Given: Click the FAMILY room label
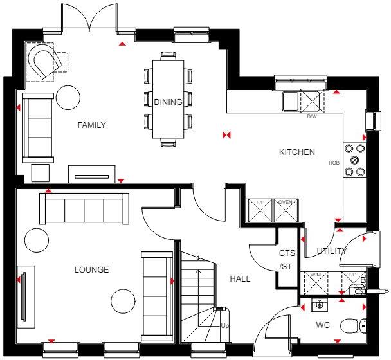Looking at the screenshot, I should point(91,125).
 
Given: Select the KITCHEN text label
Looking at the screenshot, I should point(296,152).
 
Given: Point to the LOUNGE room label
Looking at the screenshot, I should point(91,269).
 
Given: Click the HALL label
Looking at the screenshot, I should point(240,278).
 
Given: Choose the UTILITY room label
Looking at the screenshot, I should point(331,251).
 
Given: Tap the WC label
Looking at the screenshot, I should point(322,325).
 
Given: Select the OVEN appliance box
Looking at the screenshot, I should point(286,210).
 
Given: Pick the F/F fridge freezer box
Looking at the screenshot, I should point(260,210).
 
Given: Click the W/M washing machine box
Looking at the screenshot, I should point(316,282).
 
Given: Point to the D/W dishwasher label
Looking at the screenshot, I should point(311,117).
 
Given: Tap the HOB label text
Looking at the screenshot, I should point(334,163).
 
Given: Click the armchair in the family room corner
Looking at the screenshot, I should point(45,61).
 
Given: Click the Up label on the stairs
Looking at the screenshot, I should point(224,326).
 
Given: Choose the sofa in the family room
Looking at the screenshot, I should point(37,127).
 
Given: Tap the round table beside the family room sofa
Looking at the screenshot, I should point(67,98).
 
